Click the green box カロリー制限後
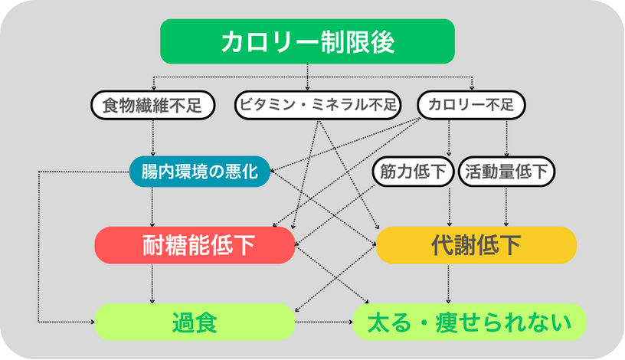(x=307, y=41)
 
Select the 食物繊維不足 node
(x=152, y=105)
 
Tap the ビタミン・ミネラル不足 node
(x=318, y=105)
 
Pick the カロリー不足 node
(x=471, y=105)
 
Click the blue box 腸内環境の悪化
(x=200, y=172)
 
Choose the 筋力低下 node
(x=413, y=172)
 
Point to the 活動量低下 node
(x=506, y=172)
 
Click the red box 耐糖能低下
(x=195, y=245)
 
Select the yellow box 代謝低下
(x=476, y=245)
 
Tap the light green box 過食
(x=195, y=322)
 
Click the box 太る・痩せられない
(x=470, y=322)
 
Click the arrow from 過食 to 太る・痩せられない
(x=324, y=322)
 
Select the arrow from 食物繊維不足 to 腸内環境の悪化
(x=152, y=138)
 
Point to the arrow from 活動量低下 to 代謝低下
(x=506, y=207)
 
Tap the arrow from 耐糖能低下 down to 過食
(x=152, y=284)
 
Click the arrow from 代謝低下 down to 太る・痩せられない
(x=448, y=284)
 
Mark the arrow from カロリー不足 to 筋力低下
(x=449, y=138)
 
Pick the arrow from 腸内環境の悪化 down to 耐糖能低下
(x=152, y=208)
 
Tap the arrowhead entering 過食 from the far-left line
(x=92, y=322)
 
